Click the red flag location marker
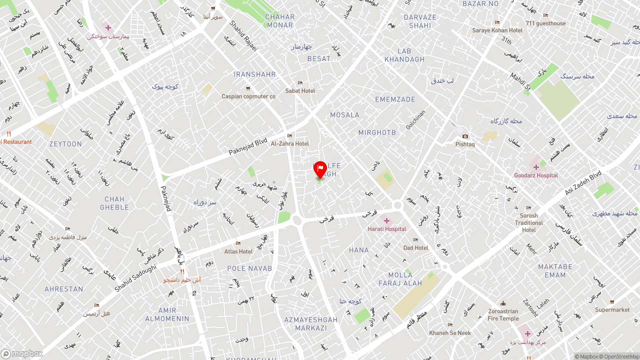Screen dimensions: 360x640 (320, 169)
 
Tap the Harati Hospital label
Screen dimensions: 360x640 (387, 229)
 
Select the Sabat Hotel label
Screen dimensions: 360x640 (300, 91)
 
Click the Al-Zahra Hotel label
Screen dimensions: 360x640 (290, 143)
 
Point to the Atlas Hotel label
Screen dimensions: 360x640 (238, 251)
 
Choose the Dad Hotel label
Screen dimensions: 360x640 (416, 248)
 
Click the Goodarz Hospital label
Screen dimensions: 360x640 (536, 175)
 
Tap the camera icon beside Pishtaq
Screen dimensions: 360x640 (465, 136)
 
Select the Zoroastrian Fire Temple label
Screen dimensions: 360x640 (503, 314)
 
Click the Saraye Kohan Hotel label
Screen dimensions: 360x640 (497, 30)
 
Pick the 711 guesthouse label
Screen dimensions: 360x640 (545, 23)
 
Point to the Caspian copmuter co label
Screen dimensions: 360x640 (248, 96)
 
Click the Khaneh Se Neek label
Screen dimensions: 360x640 (450, 333)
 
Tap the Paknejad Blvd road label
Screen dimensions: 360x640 (248, 145)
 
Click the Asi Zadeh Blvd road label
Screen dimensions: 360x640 (583, 183)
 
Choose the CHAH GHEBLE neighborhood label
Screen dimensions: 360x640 (114, 203)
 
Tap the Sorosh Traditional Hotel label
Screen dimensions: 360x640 (529, 223)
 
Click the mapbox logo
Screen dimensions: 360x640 (22, 354)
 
